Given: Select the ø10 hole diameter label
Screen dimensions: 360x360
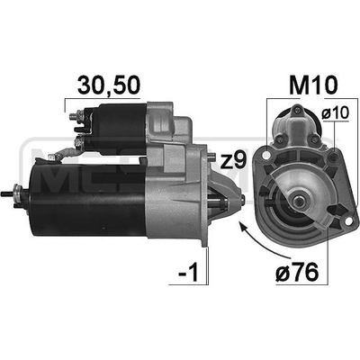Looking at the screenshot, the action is pos(336,113).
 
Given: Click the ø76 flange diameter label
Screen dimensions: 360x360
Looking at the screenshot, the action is pos(297,272).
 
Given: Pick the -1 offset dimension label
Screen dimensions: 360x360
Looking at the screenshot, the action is pos(189,273).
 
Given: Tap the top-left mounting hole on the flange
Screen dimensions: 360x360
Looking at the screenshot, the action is pos(265,155).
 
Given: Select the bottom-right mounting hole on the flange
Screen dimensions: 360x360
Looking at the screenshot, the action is pos(348,220).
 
